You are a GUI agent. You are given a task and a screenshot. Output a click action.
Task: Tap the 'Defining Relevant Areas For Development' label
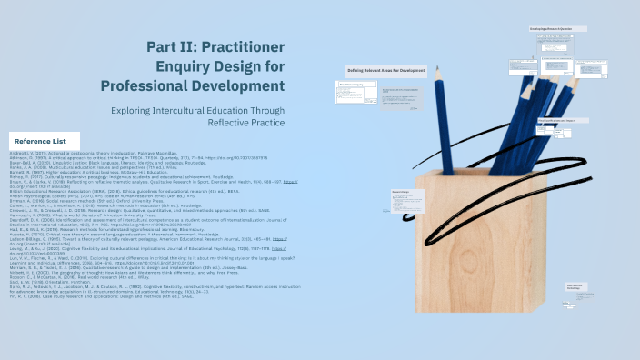pyautogui.click(x=386, y=70)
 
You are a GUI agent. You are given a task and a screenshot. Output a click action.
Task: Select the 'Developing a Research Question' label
pyautogui.click(x=549, y=28)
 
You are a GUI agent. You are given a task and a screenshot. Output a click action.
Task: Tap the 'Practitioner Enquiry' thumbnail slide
pyautogui.click(x=355, y=91)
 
